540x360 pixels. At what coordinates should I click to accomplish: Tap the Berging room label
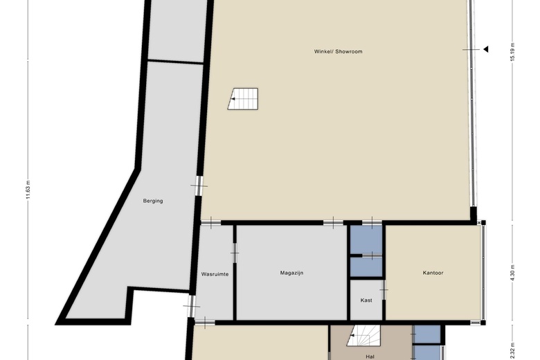153,201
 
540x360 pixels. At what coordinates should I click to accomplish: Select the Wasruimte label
215,273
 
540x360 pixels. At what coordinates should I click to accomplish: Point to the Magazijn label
291,273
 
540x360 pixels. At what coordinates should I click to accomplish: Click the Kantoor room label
433,273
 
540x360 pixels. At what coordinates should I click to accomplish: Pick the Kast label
366,300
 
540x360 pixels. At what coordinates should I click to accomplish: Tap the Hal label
370,356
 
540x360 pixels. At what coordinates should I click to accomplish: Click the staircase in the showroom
243,98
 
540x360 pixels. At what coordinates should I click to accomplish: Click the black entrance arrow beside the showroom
485,49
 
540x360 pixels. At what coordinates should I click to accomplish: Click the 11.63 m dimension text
28,188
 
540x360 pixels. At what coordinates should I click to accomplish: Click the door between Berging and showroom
199,185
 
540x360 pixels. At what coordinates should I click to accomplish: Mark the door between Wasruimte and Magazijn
235,253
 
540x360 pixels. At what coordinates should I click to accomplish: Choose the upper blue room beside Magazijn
366,240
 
